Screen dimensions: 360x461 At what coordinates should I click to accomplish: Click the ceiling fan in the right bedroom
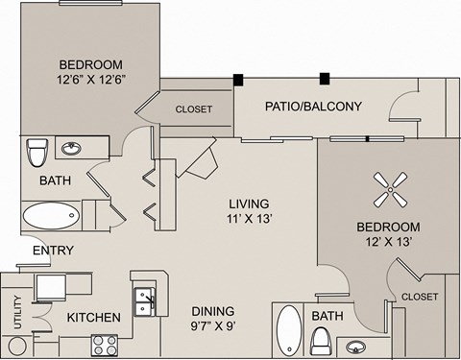[x=388, y=189]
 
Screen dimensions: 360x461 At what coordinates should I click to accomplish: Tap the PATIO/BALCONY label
[x=313, y=106]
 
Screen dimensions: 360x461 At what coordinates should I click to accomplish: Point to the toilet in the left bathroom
[x=37, y=152]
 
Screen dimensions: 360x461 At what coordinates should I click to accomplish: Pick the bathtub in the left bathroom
[x=52, y=213]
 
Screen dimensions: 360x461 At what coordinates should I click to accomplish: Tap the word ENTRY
[x=54, y=251]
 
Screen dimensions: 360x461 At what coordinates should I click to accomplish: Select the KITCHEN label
[x=93, y=318]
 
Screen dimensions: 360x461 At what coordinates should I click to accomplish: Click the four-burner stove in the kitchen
[x=105, y=344]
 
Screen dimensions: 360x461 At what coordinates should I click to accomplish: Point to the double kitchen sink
[x=146, y=301]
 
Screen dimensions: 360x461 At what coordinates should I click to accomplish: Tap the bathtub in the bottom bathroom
[x=289, y=330]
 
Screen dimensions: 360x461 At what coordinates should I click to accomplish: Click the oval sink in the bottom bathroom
[x=356, y=346]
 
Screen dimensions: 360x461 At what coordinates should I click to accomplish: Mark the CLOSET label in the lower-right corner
[x=420, y=297]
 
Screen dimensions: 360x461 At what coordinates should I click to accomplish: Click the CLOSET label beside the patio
[x=193, y=109]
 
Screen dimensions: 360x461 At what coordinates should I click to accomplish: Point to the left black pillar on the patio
[x=237, y=80]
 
